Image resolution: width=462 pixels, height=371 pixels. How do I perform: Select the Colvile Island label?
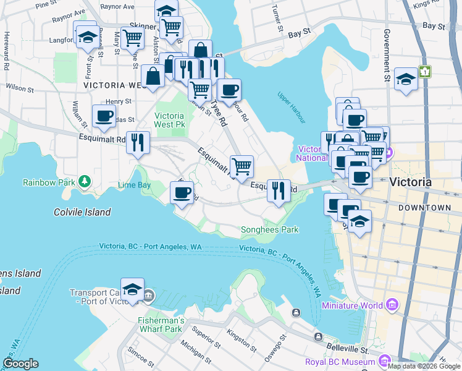[82, 212]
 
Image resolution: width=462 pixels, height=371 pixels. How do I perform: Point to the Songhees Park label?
[269, 229]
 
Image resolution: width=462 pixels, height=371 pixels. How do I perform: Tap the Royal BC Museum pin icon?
[385, 360]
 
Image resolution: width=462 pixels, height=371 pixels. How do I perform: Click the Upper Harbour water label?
[292, 98]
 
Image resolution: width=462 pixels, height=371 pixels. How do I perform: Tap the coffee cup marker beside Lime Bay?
[182, 193]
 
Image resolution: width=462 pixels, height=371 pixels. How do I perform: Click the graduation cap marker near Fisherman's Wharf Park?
[132, 289]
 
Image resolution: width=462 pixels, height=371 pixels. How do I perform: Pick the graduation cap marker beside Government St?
[406, 79]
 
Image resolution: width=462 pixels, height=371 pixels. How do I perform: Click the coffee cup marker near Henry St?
[104, 116]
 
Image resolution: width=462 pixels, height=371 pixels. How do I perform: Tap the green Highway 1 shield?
[425, 71]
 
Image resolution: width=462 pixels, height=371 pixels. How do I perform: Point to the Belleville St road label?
[348, 349]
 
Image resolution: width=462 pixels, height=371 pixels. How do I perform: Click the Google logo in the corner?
[20, 364]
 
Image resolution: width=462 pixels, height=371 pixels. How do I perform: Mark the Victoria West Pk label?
[169, 120]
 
